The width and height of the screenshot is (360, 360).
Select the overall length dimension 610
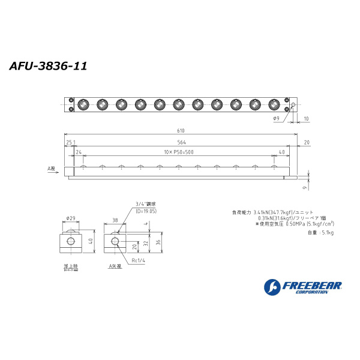[x=181, y=131]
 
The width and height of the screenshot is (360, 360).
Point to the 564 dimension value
[x=181, y=142]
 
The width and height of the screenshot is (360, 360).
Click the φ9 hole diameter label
[x=277, y=119]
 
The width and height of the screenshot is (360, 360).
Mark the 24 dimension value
[x=79, y=152]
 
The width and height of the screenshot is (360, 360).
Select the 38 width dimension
[x=115, y=220]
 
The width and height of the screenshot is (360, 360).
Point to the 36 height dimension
[x=157, y=242]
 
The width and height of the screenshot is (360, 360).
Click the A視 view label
[x=51, y=169]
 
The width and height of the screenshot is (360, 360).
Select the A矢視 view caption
[x=115, y=265]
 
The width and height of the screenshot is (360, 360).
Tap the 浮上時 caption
[x=71, y=265]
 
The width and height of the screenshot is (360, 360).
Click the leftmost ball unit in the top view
[x=82, y=104]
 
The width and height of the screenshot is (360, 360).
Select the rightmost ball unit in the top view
[x=274, y=104]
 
